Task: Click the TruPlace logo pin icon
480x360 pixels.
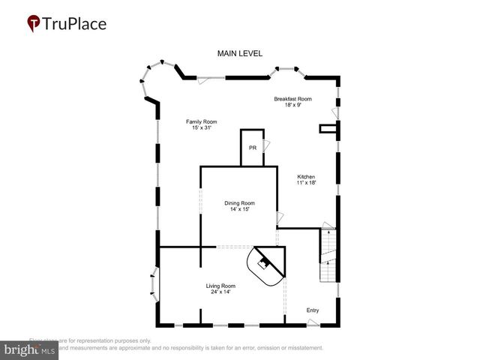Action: click(34, 23)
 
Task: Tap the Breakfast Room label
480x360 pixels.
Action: click(292, 99)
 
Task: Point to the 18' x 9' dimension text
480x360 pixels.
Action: click(292, 106)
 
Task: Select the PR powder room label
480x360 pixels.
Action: click(253, 148)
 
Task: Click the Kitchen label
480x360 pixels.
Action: click(306, 177)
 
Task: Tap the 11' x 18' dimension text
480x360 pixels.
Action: click(306, 184)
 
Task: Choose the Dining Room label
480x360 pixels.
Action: click(240, 203)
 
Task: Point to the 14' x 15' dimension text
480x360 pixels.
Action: click(240, 210)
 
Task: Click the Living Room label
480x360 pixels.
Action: click(221, 286)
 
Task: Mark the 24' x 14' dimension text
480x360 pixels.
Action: click(221, 292)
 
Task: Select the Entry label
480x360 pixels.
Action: click(313, 310)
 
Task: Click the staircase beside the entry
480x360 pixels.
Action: click(328, 256)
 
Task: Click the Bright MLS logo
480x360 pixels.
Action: click(31, 350)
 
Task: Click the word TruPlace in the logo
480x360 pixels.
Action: click(76, 23)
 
